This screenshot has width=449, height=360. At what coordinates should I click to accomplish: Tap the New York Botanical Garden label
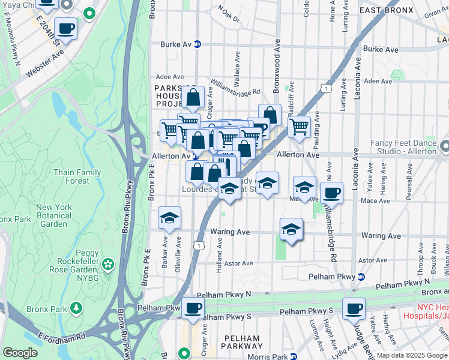tap(55, 215)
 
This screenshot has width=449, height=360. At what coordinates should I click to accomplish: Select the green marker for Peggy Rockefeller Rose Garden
tap(108, 264)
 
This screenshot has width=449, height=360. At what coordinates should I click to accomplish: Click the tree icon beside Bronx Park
tap(76, 308)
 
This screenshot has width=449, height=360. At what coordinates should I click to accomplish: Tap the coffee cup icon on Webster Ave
tap(65, 28)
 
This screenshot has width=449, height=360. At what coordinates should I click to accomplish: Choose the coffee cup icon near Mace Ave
tap(331, 193)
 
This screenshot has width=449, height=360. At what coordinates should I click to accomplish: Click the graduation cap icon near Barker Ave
tap(170, 218)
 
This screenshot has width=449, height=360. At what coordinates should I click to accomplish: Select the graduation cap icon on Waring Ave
tap(291, 229)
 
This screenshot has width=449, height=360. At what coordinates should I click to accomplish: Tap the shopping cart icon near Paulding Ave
tap(299, 127)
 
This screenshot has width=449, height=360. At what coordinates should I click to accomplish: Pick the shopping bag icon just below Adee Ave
tap(194, 97)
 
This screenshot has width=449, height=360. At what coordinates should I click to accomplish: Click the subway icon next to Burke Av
tap(197, 44)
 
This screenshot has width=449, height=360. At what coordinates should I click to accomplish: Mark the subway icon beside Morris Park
tap(294, 356)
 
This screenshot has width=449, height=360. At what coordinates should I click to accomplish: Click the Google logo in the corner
tap(20, 353)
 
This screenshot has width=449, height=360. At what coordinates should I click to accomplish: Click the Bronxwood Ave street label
tap(277, 56)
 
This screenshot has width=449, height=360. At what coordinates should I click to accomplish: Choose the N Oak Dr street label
tap(229, 14)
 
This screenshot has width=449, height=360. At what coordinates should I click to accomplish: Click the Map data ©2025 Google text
tap(412, 355)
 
